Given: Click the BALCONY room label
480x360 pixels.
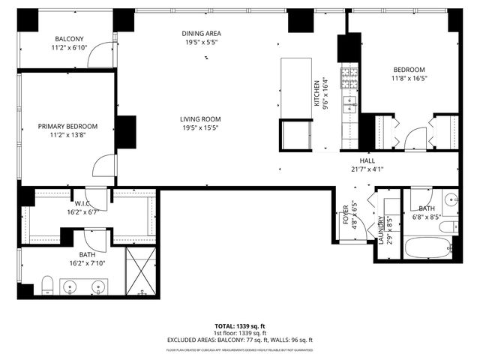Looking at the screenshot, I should [68, 39].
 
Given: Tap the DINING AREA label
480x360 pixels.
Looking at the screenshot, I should [202, 34].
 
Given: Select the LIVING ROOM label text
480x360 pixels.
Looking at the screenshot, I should [199, 118].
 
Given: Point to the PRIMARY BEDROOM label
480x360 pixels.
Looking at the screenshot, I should [67, 127].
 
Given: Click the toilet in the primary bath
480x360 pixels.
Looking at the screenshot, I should [47, 284].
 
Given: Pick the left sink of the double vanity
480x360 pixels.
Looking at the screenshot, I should [70, 286].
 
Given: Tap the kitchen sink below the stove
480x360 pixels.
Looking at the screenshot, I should [349, 102].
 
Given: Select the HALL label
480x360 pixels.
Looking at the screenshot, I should [367, 160].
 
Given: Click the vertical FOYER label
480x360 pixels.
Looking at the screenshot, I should [346, 215].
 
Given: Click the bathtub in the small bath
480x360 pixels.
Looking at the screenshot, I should [428, 247].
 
